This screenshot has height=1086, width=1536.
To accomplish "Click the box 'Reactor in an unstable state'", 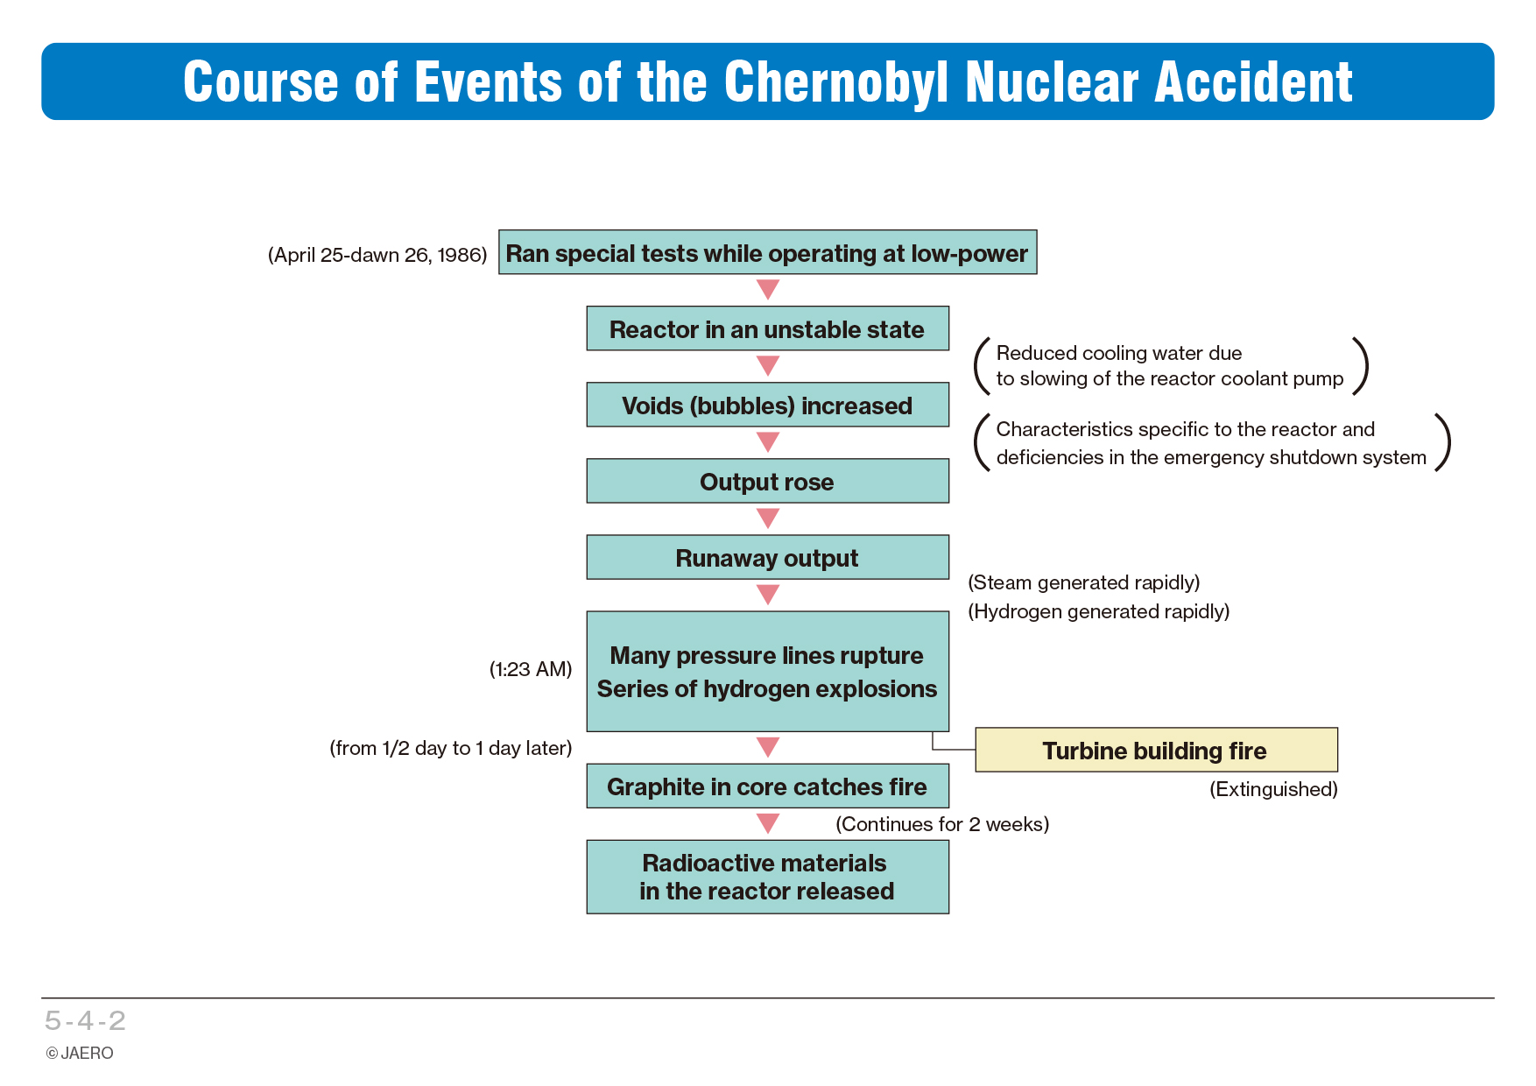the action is [767, 328].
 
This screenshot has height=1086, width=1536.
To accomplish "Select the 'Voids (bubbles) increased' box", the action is [767, 405].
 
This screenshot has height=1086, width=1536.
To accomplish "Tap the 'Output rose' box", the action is [767, 481].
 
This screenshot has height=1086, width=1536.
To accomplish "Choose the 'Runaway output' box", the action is [767, 557].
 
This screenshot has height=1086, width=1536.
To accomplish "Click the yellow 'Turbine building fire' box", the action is [1156, 750].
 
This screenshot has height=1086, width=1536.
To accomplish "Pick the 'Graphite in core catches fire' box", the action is [767, 786].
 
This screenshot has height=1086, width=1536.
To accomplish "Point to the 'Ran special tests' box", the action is [767, 252].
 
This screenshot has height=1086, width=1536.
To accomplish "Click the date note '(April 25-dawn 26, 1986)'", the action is [377, 255].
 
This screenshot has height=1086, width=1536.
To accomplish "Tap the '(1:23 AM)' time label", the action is [531, 669].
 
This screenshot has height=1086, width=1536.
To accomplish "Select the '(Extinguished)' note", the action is [1273, 789].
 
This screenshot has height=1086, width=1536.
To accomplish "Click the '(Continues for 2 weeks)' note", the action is [942, 824].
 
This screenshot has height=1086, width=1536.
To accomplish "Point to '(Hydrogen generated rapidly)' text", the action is [1099, 611].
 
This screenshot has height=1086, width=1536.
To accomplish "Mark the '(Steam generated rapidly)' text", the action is [1084, 582].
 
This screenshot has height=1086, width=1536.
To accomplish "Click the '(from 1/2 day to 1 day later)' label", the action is [451, 748].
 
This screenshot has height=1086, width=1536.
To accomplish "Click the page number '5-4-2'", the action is [86, 1020].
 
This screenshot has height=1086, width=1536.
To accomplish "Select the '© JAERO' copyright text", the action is [80, 1053].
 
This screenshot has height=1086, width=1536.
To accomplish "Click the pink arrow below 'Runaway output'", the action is [768, 596].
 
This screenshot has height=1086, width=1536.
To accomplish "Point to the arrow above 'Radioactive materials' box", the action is [768, 824].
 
